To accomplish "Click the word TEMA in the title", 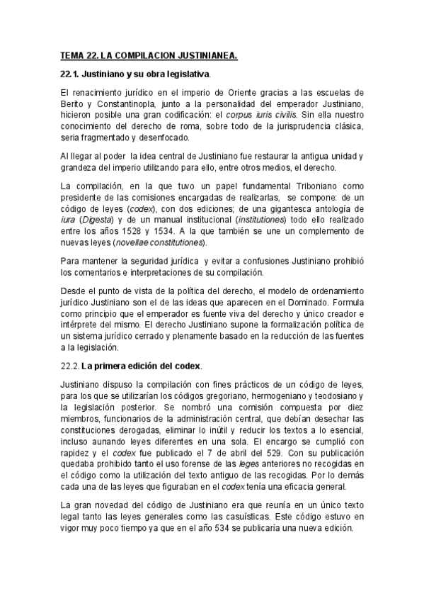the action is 70,55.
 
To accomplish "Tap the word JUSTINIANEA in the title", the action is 207,55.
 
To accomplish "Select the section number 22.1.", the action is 69,74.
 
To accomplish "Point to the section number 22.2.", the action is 69,366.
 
